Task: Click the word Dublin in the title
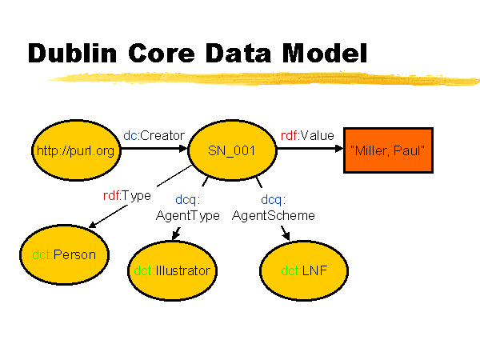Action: click(72, 53)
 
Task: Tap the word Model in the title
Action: click(325, 53)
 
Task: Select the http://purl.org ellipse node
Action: click(76, 150)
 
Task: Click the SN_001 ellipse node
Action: click(232, 150)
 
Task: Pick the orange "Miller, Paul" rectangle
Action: click(388, 150)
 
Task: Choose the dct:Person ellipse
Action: click(64, 254)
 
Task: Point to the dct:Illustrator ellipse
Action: click(172, 270)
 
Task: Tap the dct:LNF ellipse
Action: click(304, 270)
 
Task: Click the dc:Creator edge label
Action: click(154, 135)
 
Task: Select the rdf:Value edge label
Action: click(307, 135)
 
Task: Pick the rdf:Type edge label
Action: click(127, 196)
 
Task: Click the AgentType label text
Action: click(188, 216)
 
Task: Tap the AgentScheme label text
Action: click(274, 215)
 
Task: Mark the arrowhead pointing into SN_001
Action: click(183, 149)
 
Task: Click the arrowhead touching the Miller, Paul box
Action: click(339, 149)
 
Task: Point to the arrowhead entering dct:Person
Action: click(92, 225)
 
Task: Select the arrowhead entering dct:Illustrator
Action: click(175, 235)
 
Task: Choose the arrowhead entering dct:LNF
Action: click(286, 235)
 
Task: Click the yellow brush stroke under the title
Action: click(263, 78)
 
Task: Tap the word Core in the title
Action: click(162, 53)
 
